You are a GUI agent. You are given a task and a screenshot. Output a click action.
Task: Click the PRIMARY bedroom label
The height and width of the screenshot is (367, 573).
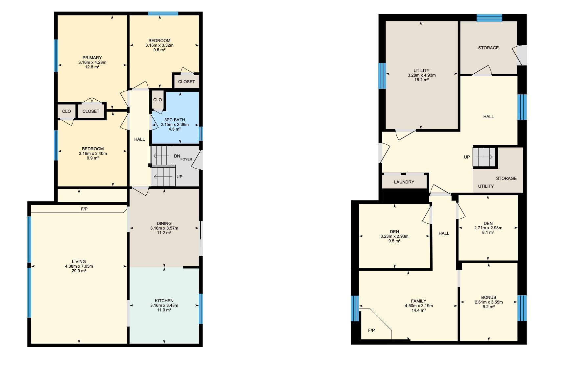(x=92, y=58)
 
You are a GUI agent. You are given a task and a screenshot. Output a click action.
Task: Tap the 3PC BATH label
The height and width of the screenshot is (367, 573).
(x=175, y=120)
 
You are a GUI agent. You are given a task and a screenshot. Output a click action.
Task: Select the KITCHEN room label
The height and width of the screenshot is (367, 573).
(x=164, y=301)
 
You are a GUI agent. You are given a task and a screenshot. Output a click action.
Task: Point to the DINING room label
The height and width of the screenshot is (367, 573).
(x=164, y=223)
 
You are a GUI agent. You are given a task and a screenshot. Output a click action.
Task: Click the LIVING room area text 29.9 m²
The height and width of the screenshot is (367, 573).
(x=79, y=271)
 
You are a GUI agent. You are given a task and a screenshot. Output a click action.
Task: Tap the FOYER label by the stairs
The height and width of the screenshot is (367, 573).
(x=186, y=159)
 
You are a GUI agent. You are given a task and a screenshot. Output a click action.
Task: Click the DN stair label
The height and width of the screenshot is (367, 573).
(x=177, y=156)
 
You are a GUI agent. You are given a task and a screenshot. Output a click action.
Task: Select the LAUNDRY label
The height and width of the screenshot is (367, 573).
(x=404, y=182)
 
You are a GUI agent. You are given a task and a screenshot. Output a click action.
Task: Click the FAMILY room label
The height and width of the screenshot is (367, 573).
(x=419, y=301)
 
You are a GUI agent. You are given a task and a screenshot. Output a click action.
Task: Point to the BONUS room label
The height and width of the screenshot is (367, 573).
(x=488, y=297)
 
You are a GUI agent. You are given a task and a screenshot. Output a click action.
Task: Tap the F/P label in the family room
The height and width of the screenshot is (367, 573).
(x=371, y=330)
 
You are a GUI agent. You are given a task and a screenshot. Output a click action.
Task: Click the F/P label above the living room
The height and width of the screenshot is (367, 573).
(x=84, y=209)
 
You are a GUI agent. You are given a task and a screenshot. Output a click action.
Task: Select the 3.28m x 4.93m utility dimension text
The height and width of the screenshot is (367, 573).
(x=421, y=75)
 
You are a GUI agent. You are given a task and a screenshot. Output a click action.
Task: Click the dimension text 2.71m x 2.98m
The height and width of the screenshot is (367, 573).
(x=488, y=228)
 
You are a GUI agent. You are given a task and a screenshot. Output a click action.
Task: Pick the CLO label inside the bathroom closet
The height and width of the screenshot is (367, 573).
(x=158, y=100)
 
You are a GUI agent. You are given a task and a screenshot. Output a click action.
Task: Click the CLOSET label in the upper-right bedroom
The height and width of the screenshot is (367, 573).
(x=187, y=82)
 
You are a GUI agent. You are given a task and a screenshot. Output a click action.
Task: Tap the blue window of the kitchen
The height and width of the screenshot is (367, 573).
(x=200, y=308)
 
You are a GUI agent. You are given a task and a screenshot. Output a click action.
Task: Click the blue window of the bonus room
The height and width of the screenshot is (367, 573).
(x=522, y=308)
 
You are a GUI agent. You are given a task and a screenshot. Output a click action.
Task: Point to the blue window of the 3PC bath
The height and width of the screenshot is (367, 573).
(x=201, y=134)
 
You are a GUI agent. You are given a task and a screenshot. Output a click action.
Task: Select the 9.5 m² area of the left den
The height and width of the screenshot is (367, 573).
(x=394, y=241)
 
